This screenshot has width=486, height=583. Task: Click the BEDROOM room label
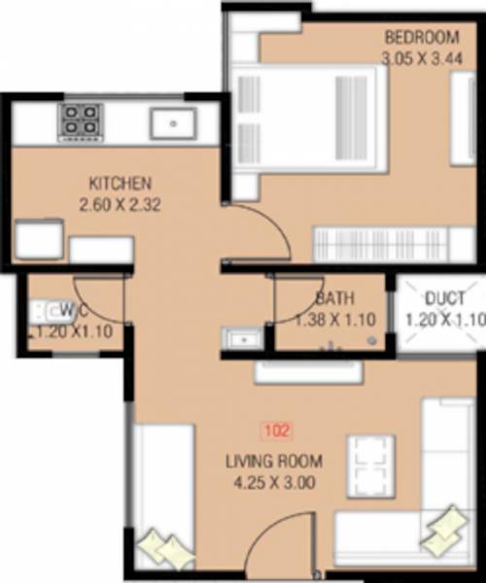[x=421, y=38]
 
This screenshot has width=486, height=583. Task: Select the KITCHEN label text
[x=120, y=184]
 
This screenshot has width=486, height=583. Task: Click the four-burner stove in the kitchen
[x=82, y=122]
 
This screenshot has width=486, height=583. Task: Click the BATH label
[x=334, y=299]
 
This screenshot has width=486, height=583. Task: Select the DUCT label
[x=445, y=299]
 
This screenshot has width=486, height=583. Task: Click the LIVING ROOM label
[x=274, y=462]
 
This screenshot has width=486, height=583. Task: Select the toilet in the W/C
[x=47, y=312]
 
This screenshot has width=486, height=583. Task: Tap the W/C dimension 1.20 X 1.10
[x=70, y=330]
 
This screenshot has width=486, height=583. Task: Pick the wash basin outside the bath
[x=240, y=340]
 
